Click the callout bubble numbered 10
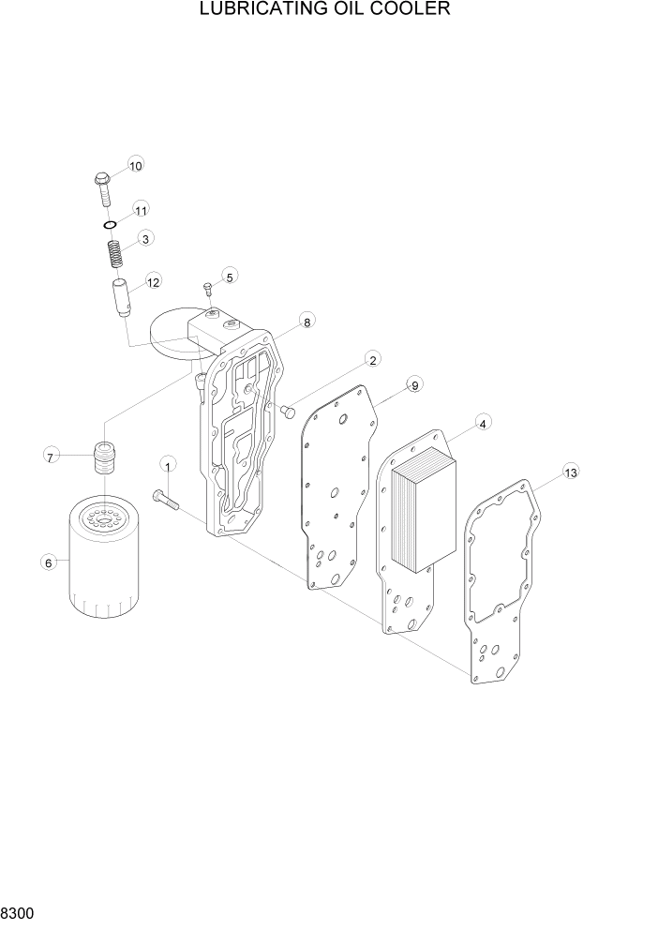[135, 166]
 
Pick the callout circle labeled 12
[152, 280]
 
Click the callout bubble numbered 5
[230, 276]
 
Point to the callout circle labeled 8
[306, 322]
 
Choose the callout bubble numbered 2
[372, 360]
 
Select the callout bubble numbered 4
[482, 424]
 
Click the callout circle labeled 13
[570, 472]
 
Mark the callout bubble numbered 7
[51, 457]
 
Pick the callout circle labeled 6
[46, 562]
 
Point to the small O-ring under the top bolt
[110, 225]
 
